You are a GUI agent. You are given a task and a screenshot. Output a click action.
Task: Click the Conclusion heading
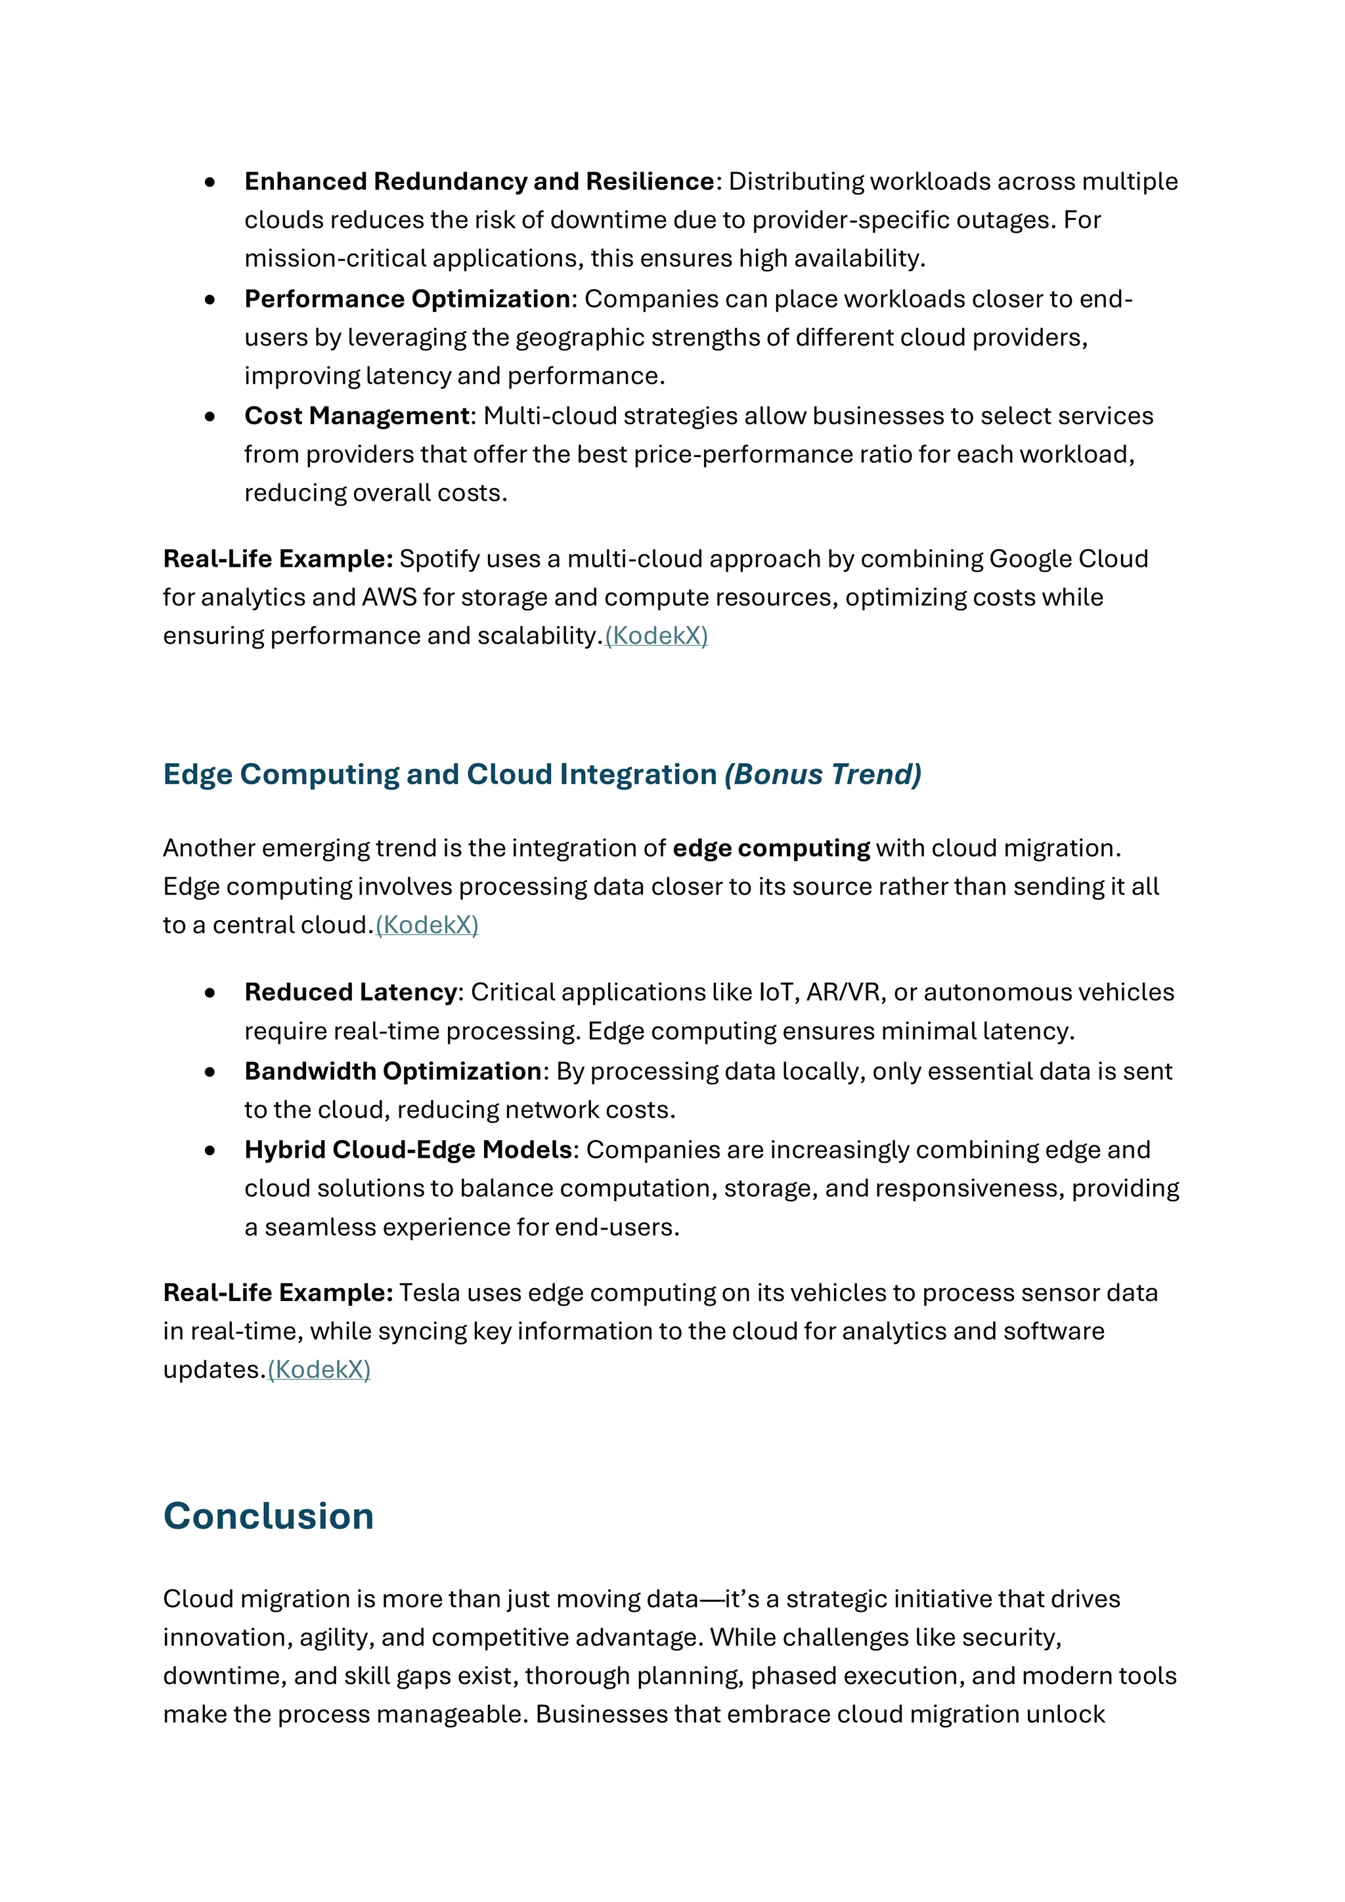[x=269, y=1516]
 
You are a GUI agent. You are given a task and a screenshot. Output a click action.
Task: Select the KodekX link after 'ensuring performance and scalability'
[x=656, y=636]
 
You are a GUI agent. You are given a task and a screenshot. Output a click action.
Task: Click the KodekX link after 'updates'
[x=319, y=1370]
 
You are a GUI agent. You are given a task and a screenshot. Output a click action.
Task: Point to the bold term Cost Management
[x=357, y=416]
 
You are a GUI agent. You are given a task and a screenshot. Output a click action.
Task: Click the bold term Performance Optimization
[x=407, y=299]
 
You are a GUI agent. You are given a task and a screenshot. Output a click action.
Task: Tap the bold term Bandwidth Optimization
[x=393, y=1072]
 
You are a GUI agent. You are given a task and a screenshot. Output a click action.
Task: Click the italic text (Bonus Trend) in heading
[x=822, y=774]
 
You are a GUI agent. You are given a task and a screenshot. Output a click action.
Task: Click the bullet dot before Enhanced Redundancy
[x=210, y=182]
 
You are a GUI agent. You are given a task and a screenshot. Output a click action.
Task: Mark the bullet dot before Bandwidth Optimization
[x=210, y=1073]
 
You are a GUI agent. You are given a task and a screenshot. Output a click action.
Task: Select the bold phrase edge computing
[x=771, y=849]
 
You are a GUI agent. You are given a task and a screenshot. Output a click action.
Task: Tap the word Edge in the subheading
[x=197, y=774]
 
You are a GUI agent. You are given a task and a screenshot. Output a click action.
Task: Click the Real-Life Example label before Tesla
[x=277, y=1293]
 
